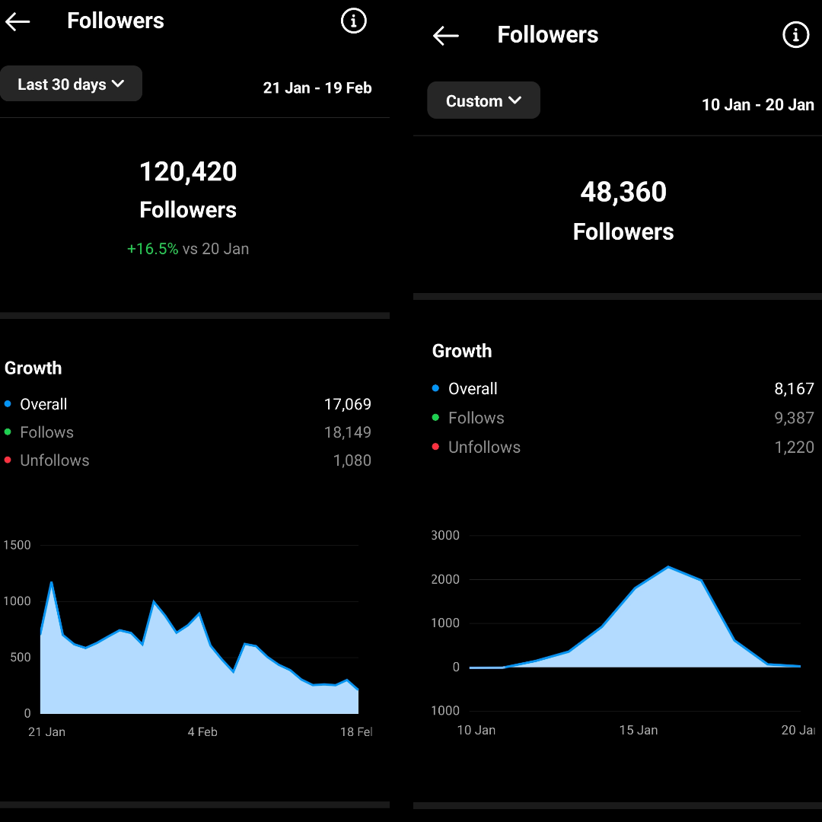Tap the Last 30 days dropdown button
71,84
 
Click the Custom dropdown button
483,100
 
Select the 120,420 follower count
188,172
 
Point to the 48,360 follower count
623,193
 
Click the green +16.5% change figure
152,249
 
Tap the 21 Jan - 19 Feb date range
317,88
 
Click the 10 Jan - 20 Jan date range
757,105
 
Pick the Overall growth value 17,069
348,404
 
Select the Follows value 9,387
794,418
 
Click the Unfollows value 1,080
352,460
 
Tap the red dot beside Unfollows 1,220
435,447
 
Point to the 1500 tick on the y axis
18,545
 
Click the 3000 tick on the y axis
445,535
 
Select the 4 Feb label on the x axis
202,732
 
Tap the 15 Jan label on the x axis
639,730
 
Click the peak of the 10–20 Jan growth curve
668,567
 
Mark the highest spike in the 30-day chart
51,583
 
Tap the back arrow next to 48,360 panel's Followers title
445,36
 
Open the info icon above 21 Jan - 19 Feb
353,21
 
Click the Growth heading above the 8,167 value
462,351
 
